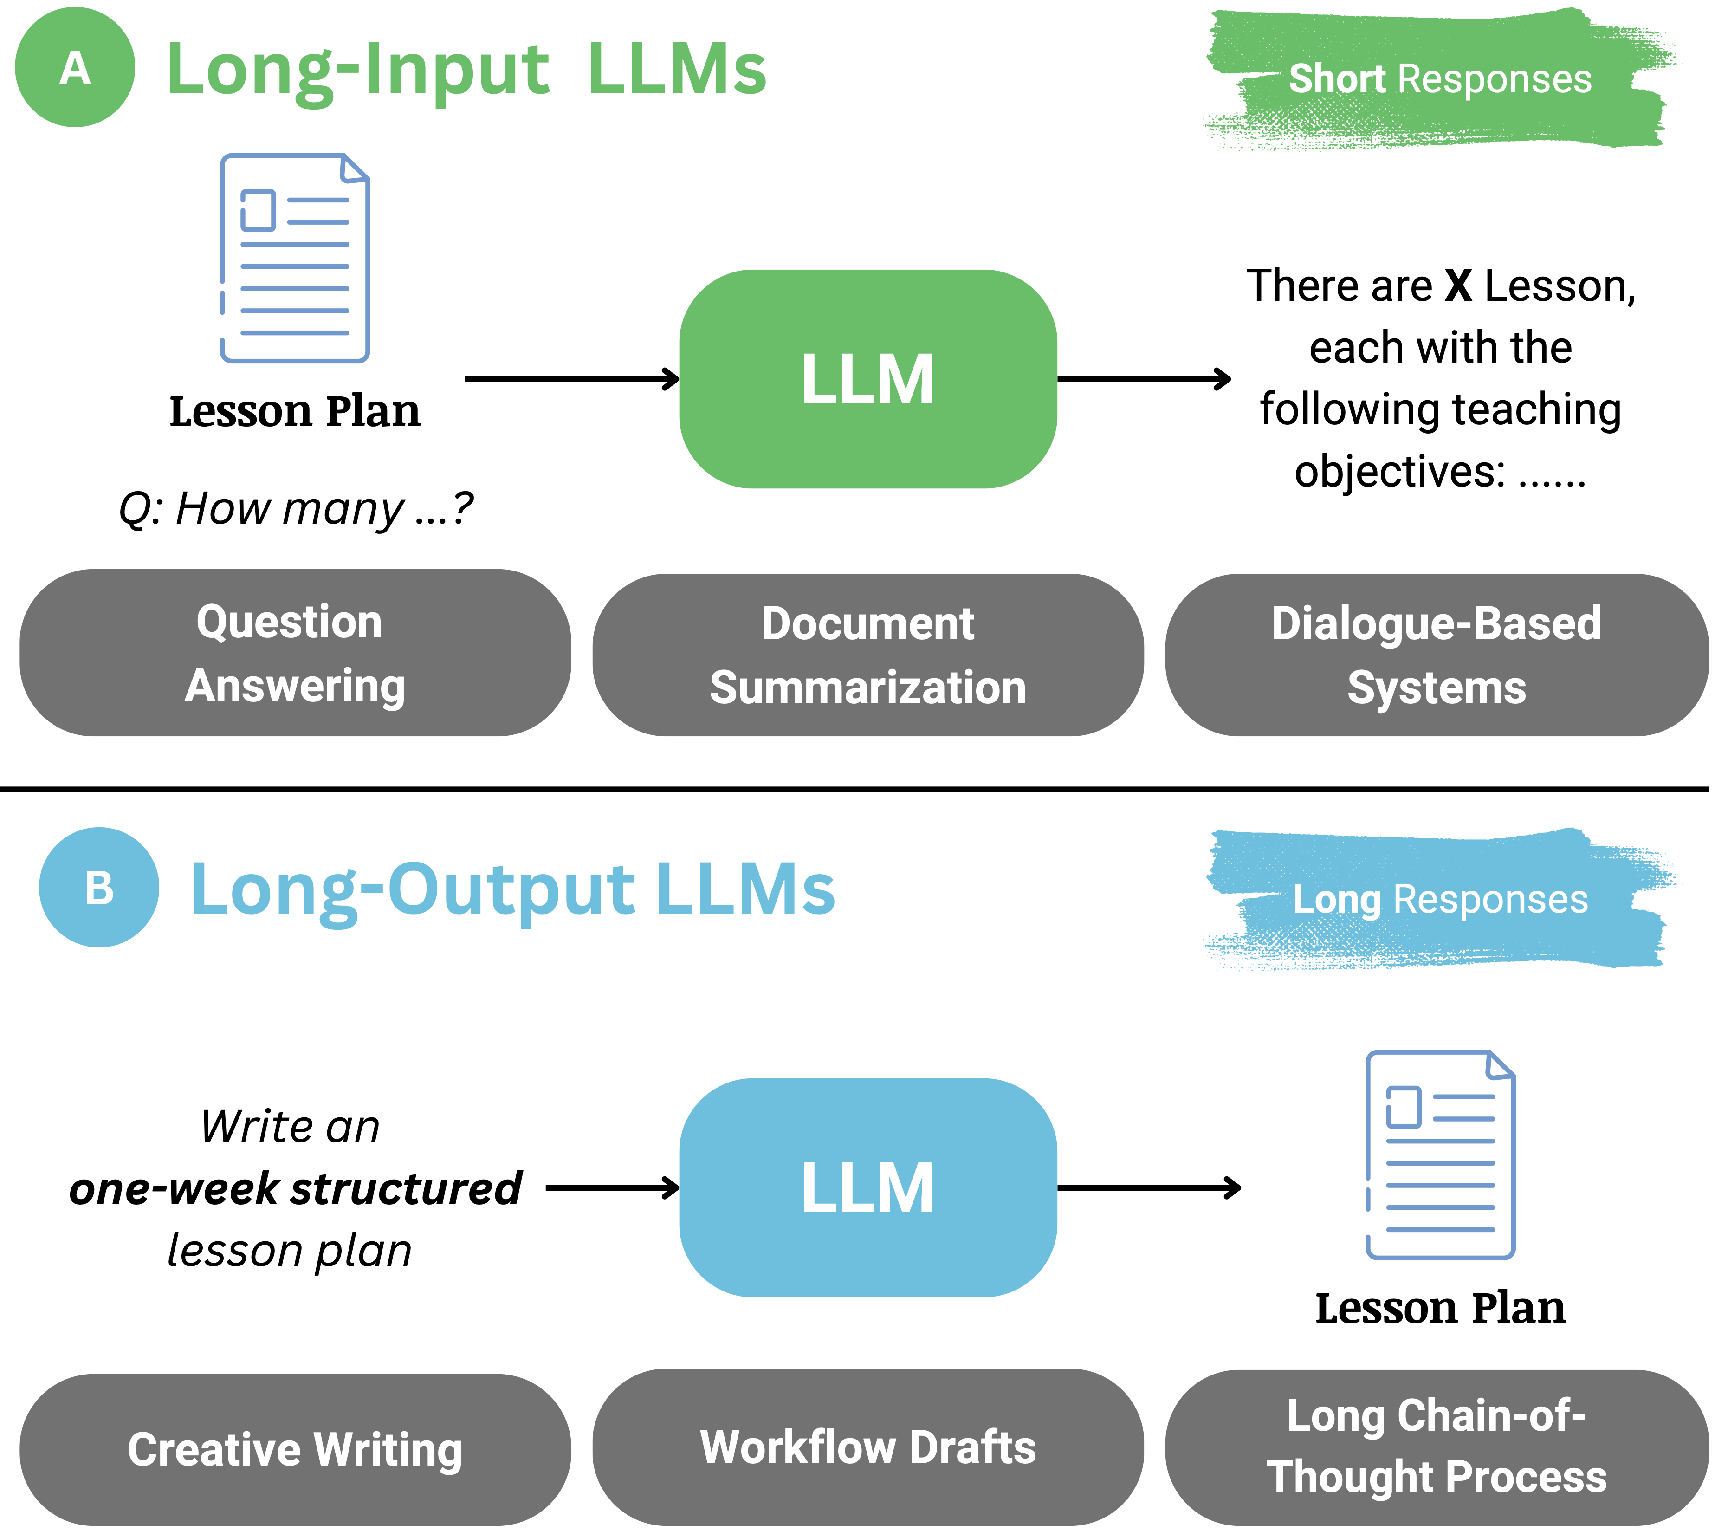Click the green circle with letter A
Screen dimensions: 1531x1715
(75, 67)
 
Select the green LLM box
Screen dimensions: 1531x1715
(867, 378)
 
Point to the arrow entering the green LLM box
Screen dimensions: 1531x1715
(572, 378)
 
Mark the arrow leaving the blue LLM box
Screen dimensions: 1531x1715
(1148, 1188)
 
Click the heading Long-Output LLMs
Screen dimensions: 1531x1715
(512, 889)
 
